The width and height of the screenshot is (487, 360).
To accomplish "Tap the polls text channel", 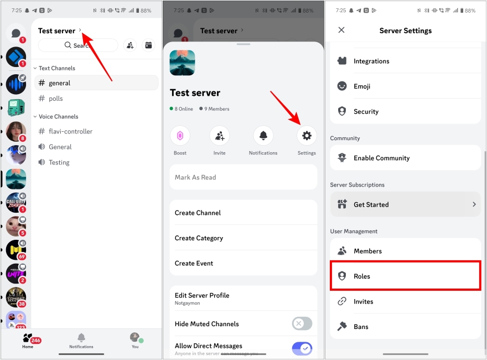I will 56,99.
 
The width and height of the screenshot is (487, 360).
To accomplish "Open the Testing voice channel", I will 59,162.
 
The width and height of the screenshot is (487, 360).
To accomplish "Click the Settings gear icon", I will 307,136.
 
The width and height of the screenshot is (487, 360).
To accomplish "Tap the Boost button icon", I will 180,136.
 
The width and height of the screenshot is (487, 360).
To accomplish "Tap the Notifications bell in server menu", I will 263,136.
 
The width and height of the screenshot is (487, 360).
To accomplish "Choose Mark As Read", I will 244,177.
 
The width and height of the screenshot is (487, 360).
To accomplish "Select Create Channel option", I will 244,213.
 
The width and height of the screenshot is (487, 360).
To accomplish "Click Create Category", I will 244,238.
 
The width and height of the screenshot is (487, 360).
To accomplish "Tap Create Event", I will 244,263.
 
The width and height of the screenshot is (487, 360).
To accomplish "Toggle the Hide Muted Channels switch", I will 302,324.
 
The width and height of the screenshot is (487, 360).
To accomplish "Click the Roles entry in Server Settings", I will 405,276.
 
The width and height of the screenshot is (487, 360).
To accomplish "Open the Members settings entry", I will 405,251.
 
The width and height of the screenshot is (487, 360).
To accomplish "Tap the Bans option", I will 405,327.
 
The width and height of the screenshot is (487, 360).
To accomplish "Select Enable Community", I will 405,158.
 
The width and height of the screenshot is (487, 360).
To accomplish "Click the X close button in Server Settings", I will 341,30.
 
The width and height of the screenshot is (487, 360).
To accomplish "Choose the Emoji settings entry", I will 405,86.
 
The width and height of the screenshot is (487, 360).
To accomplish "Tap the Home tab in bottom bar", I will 28,340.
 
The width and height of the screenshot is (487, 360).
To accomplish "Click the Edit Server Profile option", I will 244,298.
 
